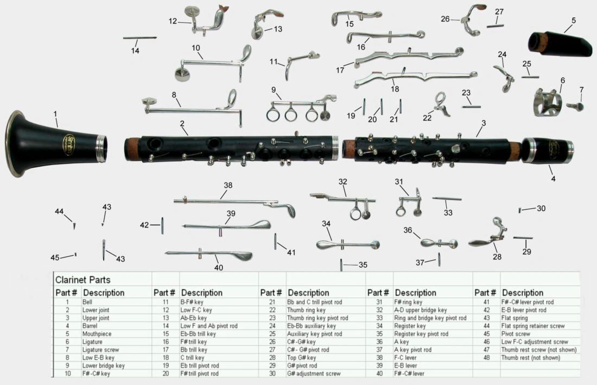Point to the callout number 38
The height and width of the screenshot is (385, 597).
point(228,185)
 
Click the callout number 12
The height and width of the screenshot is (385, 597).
point(173,21)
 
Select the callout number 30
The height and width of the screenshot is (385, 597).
point(541,209)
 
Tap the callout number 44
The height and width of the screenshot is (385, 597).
point(59,211)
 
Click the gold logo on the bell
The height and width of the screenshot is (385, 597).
point(69,144)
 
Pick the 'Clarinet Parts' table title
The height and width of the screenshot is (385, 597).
point(82,280)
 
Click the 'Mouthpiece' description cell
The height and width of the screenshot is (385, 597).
point(98,333)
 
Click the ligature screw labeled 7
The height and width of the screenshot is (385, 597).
point(575,106)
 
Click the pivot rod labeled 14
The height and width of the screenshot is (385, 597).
point(139,38)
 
